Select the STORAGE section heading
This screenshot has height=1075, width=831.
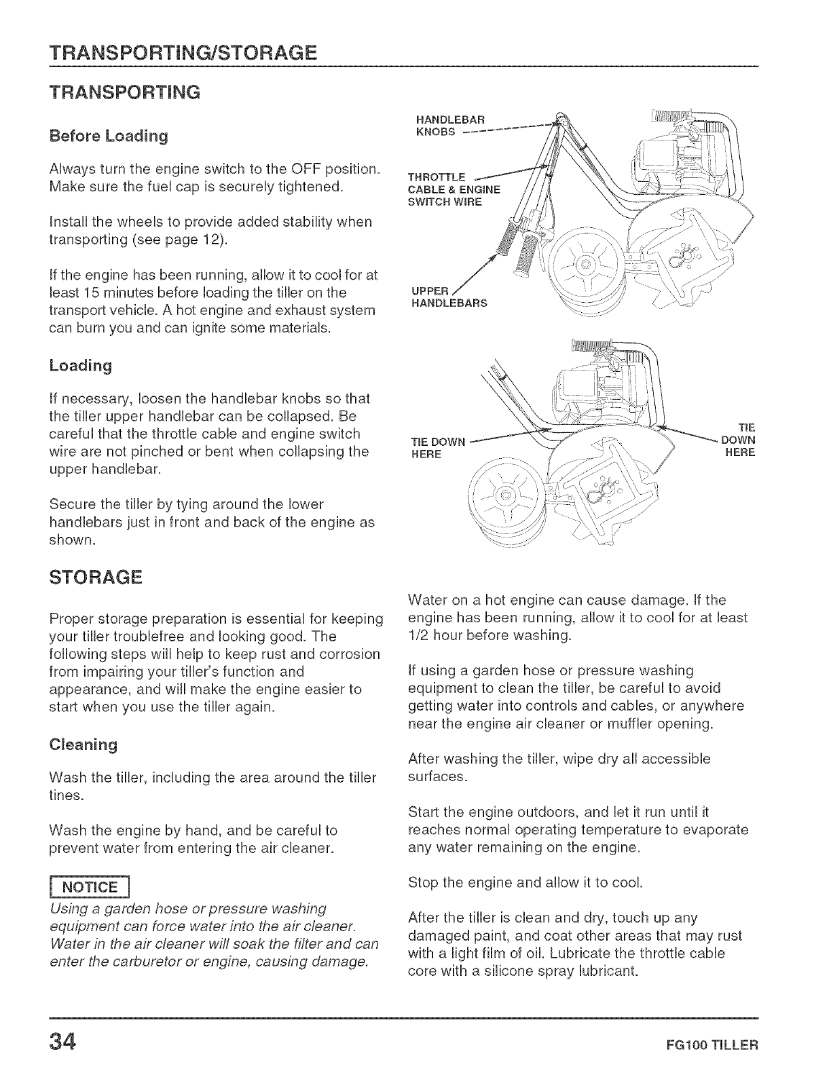[95, 578]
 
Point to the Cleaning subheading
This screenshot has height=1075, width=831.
[84, 744]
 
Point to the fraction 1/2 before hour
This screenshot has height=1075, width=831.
[419, 635]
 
